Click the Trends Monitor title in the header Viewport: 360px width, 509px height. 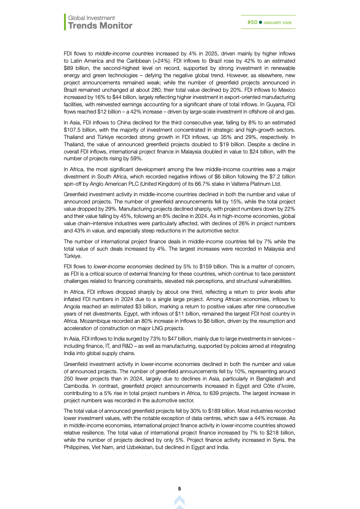pyautogui.click(x=100, y=25)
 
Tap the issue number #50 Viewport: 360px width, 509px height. pyautogui.click(x=252, y=22)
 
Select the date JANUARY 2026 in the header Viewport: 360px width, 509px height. pyautogui.click(x=277, y=23)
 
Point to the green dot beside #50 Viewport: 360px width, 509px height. pyautogui.click(x=260, y=22)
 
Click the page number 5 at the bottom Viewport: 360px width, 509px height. pyautogui.click(x=179, y=489)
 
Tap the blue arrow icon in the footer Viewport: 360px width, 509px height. pyautogui.click(x=179, y=501)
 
